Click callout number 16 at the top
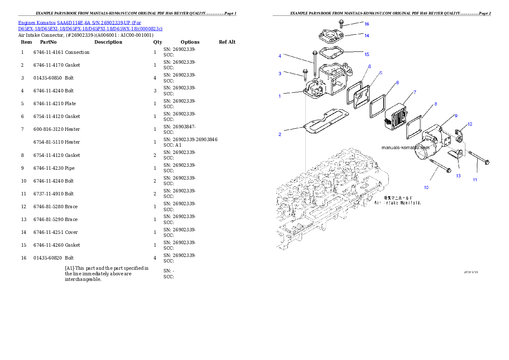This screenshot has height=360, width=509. (367, 24)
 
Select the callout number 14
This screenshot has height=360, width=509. (367, 35)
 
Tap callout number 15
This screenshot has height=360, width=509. (367, 54)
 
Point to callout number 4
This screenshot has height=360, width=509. (280, 56)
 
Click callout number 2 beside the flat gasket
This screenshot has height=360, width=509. (280, 134)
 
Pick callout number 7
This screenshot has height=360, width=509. (414, 92)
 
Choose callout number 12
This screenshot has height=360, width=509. (470, 124)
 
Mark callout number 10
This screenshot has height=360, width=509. (426, 187)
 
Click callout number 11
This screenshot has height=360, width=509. (475, 180)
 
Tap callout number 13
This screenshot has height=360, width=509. (458, 176)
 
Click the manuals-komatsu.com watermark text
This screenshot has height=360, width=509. (405, 148)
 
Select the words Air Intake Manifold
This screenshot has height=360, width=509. (398, 203)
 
